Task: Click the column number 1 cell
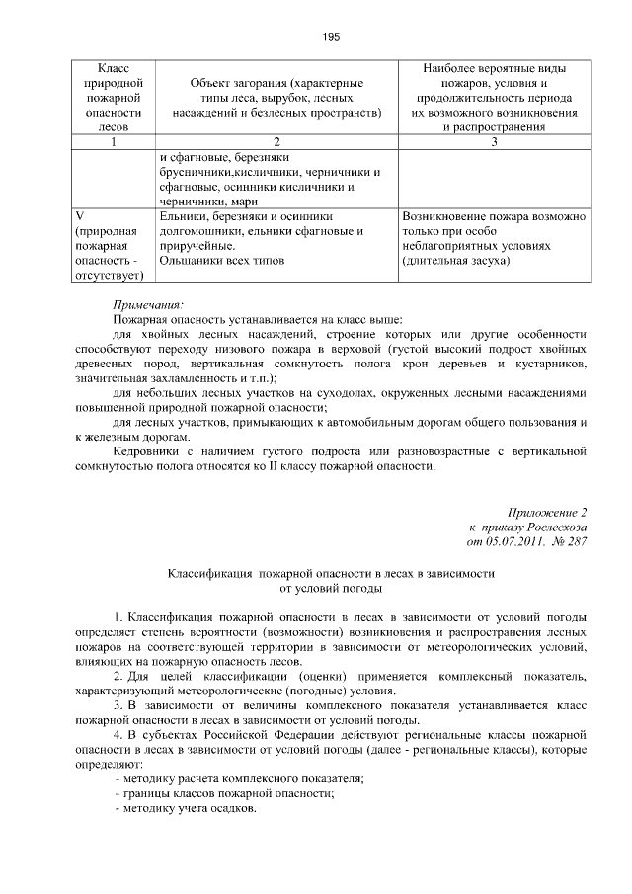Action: coord(113,142)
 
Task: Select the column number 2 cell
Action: coord(276,142)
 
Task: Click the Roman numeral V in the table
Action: coord(81,215)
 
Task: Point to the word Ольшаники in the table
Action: coord(185,261)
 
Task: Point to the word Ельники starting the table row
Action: coord(181,215)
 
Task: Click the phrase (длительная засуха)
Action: coord(455,261)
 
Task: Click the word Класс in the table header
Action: coord(113,69)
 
